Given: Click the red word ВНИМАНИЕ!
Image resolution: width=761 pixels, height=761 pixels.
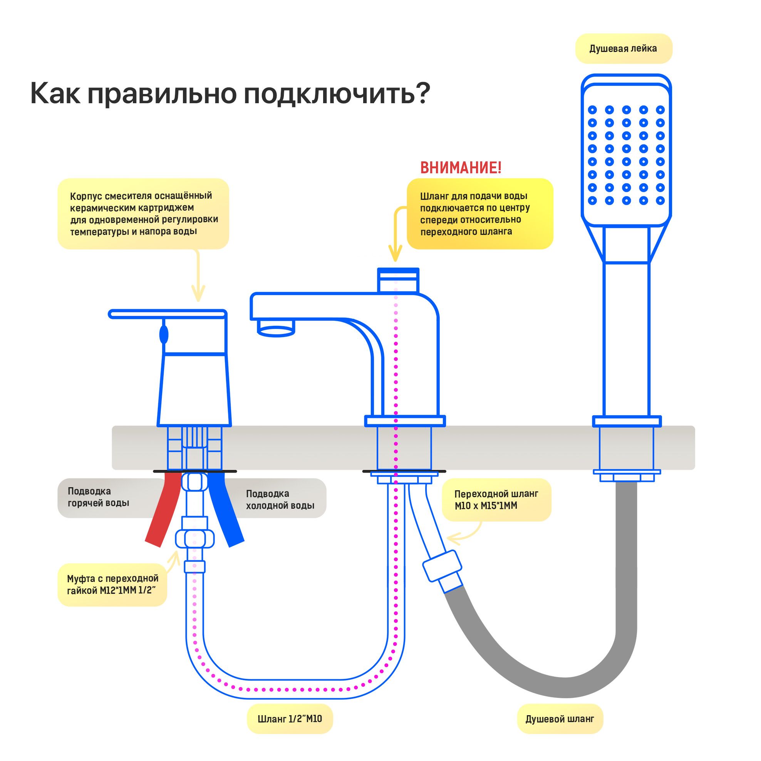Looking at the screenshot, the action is tap(461, 168).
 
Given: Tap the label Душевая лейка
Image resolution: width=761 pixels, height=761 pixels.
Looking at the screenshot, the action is tap(623, 49).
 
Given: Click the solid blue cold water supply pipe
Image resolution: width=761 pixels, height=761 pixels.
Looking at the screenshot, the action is tap(226, 510).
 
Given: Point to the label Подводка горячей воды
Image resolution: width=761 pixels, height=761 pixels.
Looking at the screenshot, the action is tap(99, 497).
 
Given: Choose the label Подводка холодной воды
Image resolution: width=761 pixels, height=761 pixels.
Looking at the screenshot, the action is tap(280, 499).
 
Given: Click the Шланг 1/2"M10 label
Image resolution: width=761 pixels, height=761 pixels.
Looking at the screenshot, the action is tap(290, 719).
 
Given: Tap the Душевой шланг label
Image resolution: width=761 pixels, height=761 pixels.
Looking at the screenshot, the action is tap(560, 719).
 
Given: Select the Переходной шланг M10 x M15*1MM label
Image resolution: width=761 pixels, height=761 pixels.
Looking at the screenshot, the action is tap(496, 500).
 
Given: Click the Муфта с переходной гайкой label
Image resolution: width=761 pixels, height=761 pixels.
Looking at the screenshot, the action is tap(113, 585).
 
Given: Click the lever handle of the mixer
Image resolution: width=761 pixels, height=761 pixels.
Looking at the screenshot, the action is tap(168, 314).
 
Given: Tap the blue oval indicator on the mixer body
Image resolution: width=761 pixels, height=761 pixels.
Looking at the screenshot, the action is tap(164, 335).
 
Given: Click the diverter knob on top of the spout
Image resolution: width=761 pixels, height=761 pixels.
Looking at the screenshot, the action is tap(398, 280).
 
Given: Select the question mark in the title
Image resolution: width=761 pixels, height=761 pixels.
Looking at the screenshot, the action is tap(422, 94).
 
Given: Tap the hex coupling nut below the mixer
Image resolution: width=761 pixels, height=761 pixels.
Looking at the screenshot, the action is tap(194, 538).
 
